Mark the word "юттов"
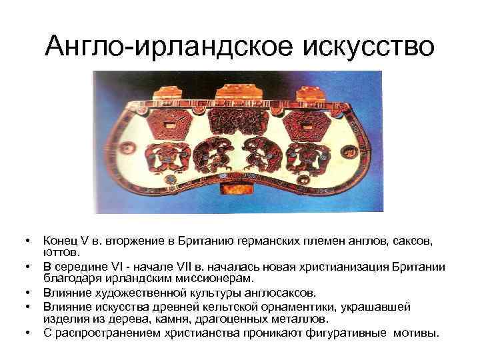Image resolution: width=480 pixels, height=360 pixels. [61, 252]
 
